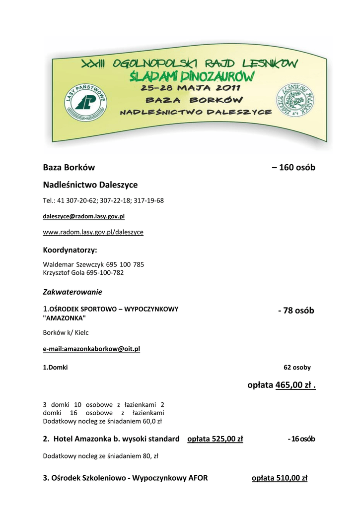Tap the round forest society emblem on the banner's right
point(295,103)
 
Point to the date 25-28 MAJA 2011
point(190,88)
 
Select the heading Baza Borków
point(69,168)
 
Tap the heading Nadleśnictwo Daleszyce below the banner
point(90,185)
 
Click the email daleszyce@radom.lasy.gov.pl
point(84,217)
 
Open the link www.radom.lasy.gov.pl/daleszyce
point(93,232)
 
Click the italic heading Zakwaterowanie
point(72,292)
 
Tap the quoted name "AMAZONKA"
point(65,317)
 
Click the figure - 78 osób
point(296,311)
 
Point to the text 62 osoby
point(297,368)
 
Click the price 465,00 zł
point(294,385)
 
